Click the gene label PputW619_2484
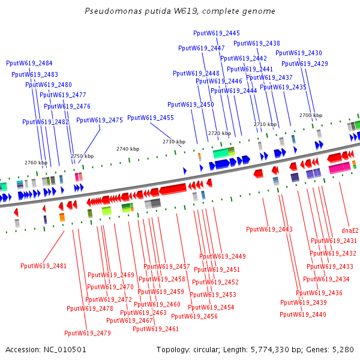(29, 63)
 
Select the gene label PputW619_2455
(151, 118)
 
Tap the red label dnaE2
(350, 230)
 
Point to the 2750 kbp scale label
(82, 156)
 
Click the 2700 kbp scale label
(311, 115)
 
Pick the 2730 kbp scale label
(174, 142)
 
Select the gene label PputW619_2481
(43, 266)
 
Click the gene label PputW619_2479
(88, 333)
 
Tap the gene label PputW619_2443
(269, 229)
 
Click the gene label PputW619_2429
(305, 64)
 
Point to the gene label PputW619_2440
(303, 314)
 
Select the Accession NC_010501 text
(46, 349)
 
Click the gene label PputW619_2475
(100, 120)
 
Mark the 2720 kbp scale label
(220, 133)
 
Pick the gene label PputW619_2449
(223, 256)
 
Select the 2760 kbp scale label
(35, 163)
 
